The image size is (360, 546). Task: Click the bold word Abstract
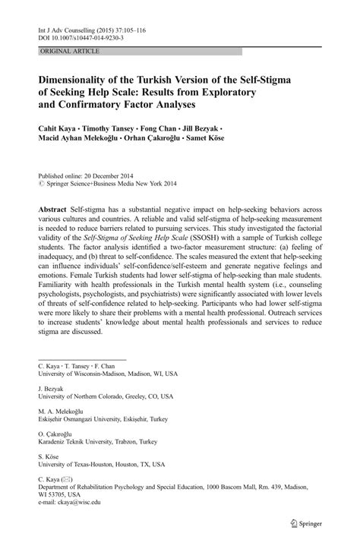coord(56,208)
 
